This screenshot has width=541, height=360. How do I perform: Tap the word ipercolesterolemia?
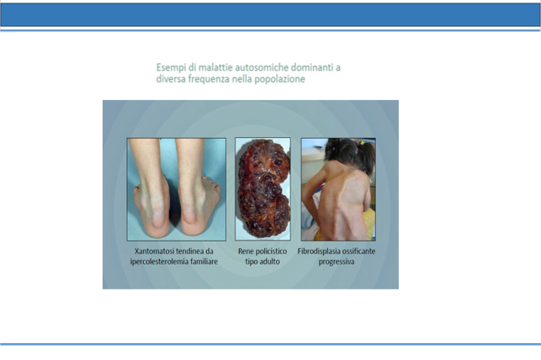click(159, 262)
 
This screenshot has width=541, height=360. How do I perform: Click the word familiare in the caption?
click(204, 262)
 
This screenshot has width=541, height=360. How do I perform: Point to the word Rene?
click(246, 251)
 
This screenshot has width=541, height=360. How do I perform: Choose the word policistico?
click(271, 251)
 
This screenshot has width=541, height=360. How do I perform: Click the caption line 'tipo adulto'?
click(263, 262)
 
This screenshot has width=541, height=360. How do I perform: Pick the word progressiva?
click(337, 262)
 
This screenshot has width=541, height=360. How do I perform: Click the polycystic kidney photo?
click(263, 189)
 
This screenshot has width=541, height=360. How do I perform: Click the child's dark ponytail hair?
click(367, 156)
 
